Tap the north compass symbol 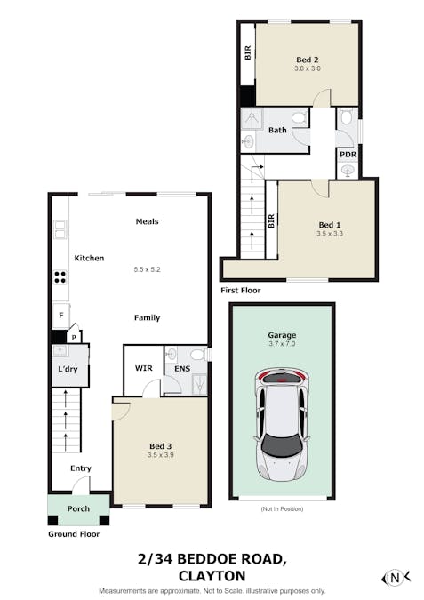tap(396, 577)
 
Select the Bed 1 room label tap(329, 225)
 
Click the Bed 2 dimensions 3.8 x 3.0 tap(308, 68)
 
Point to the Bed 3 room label tap(160, 445)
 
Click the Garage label tap(282, 336)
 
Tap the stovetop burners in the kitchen tap(60, 276)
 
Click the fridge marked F tap(60, 316)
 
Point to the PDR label tap(348, 154)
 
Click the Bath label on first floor tap(278, 130)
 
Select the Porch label tap(78, 509)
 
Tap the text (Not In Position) tap(282, 509)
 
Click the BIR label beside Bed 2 tap(247, 53)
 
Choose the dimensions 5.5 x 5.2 tap(147, 269)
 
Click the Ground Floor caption tap(73, 534)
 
